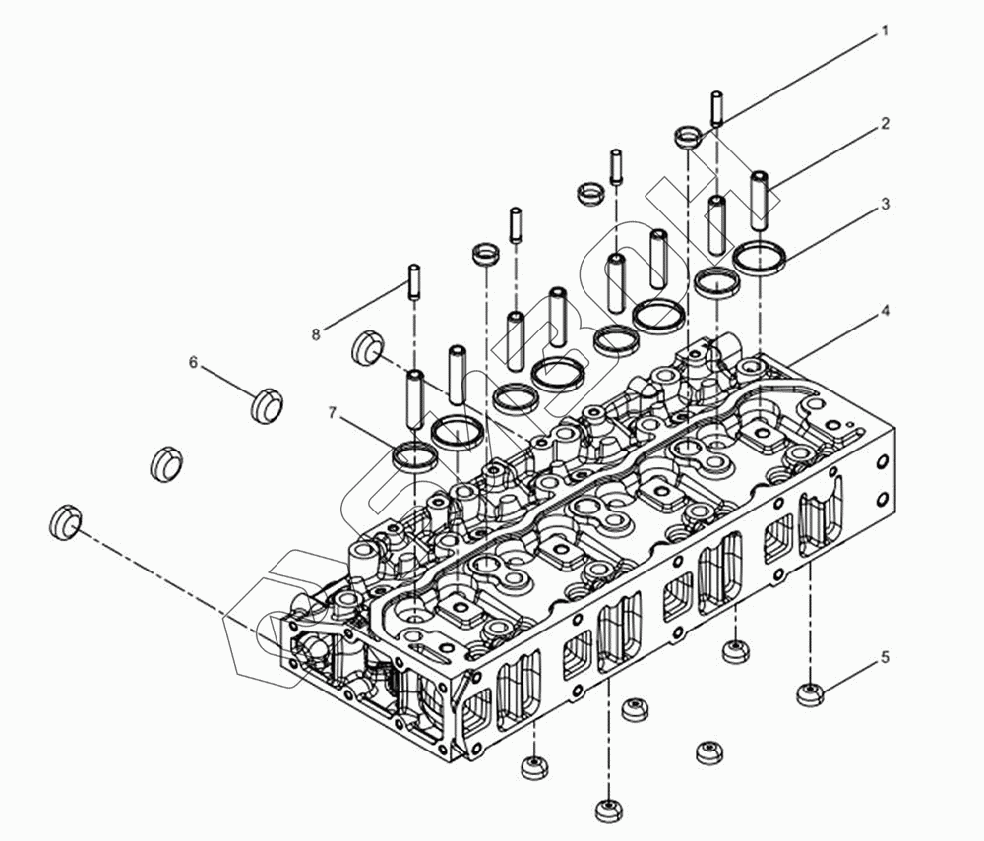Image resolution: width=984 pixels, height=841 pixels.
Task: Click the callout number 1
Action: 884,31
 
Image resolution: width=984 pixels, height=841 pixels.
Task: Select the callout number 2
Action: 885,124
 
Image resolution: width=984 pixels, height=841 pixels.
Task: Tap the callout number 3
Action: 885,205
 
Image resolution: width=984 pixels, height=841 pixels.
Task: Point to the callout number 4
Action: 885,311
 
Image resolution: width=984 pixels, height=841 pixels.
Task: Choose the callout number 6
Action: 194,362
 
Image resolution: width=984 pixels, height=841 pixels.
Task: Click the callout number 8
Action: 316,334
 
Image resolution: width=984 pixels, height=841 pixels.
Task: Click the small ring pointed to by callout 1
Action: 688,136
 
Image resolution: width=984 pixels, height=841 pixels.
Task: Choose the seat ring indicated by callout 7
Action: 413,455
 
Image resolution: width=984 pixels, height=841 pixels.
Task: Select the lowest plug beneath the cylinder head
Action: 607,811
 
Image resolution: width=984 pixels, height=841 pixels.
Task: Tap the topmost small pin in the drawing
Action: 717,107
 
